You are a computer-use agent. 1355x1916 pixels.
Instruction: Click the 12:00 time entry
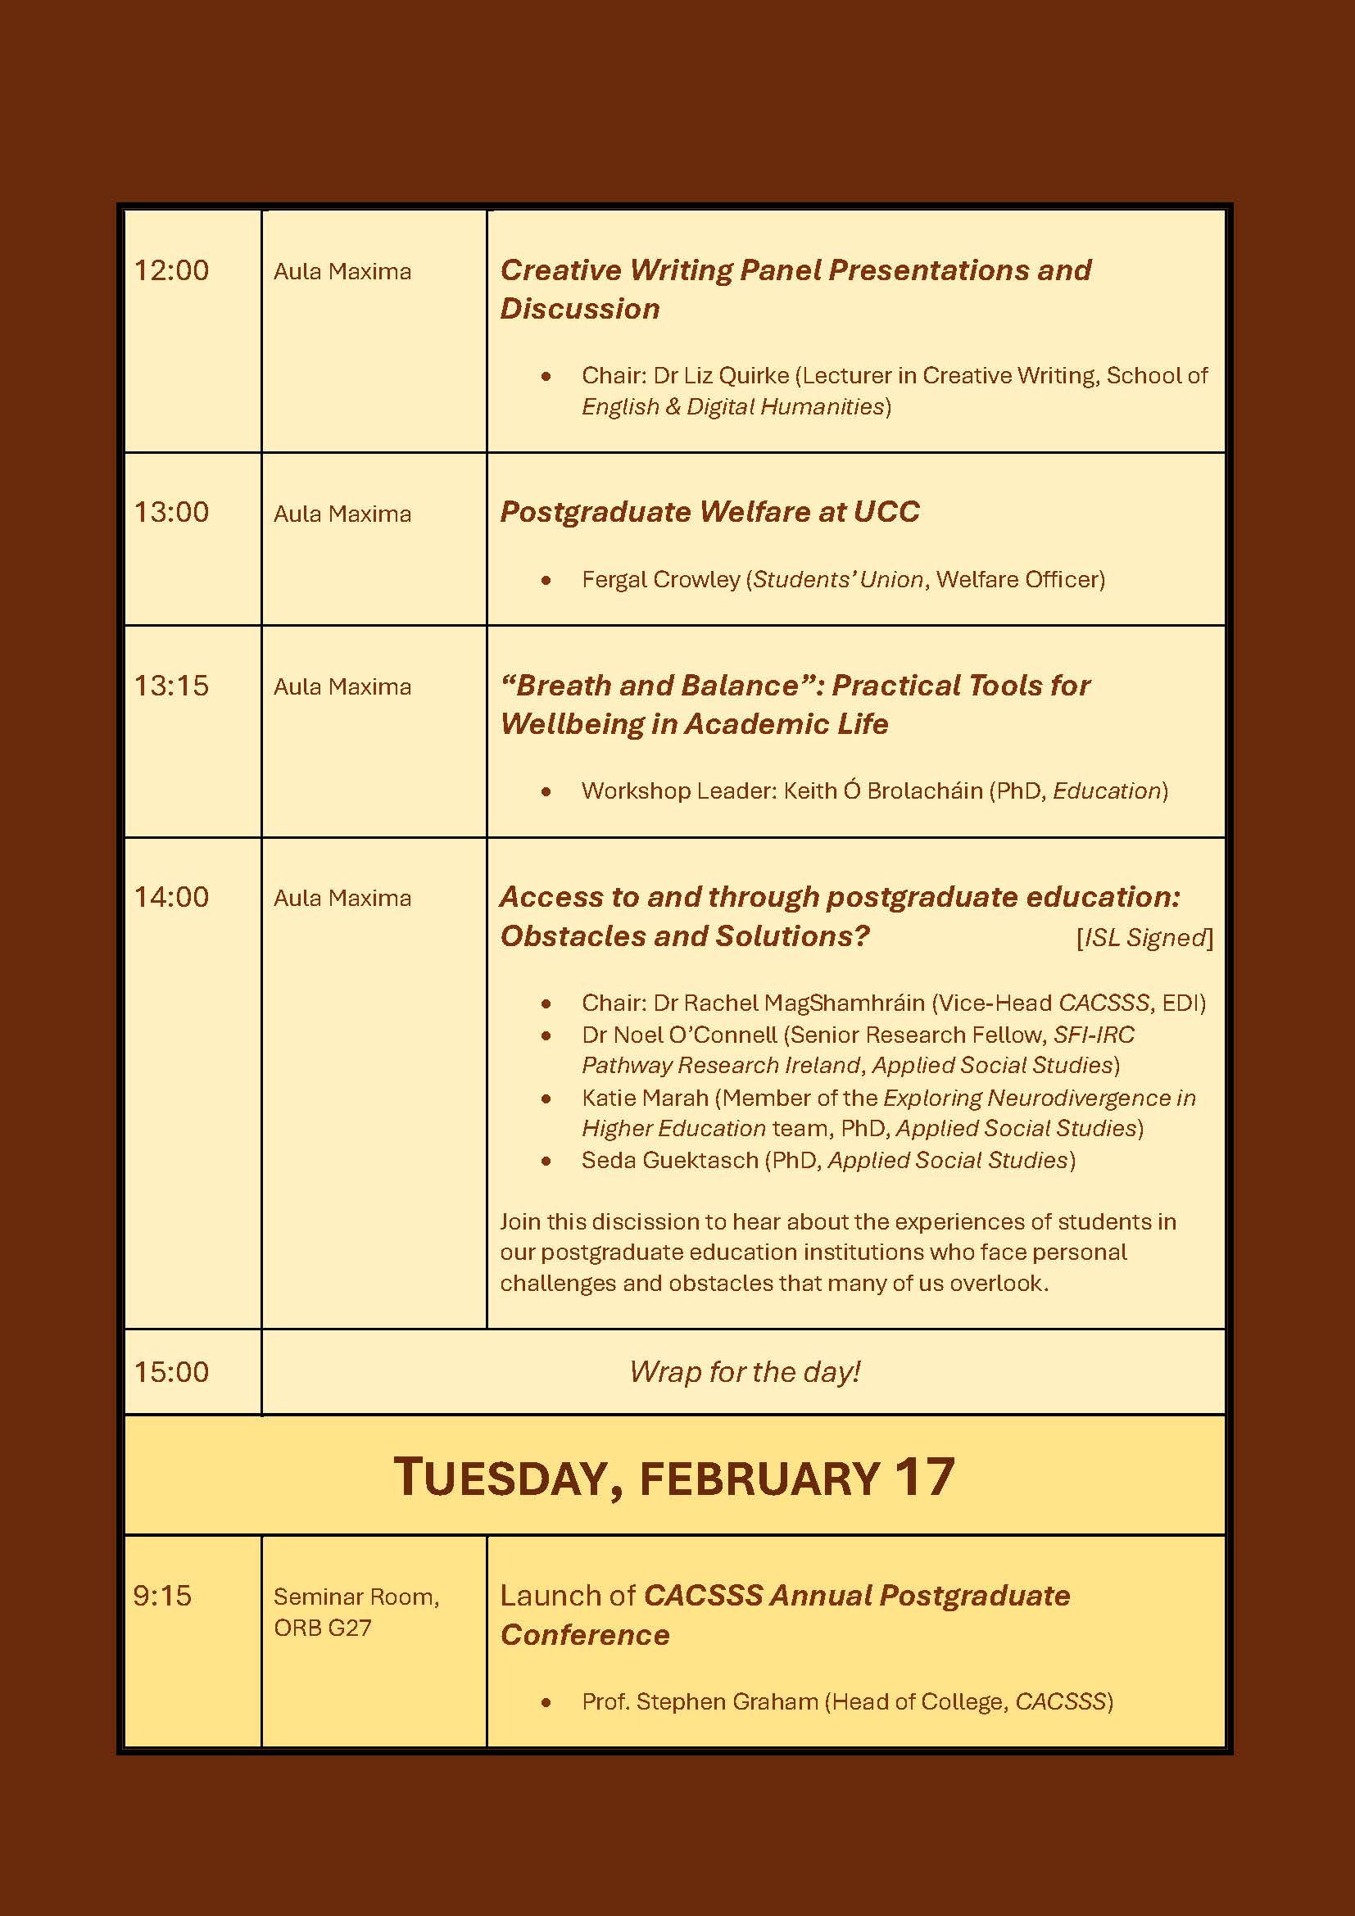click(x=171, y=270)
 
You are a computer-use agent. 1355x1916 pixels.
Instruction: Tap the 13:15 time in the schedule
click(x=171, y=685)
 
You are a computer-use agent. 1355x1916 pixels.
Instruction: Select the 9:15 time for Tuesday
click(x=162, y=1595)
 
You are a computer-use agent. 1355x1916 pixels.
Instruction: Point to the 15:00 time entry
click(x=171, y=1371)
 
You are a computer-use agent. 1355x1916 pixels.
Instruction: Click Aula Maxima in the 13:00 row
click(x=342, y=514)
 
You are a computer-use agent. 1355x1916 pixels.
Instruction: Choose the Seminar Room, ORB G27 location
click(x=356, y=1610)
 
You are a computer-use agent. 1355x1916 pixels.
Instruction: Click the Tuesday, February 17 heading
click(x=674, y=1477)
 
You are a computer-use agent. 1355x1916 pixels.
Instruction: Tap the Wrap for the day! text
click(x=744, y=1371)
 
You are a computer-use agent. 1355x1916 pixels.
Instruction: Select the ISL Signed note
click(x=1144, y=937)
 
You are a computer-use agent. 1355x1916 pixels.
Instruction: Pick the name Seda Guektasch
click(x=670, y=1160)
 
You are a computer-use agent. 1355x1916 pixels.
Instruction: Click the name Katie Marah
click(x=645, y=1098)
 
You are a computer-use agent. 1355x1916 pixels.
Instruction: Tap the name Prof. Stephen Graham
click(x=700, y=1701)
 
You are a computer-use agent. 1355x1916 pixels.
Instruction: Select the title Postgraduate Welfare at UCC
click(x=709, y=511)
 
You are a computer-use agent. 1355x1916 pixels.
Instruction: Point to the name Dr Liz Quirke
click(x=721, y=375)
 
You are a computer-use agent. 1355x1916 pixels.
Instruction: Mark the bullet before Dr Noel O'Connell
click(x=546, y=1035)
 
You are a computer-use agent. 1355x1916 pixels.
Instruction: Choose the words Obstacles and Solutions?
click(x=684, y=936)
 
